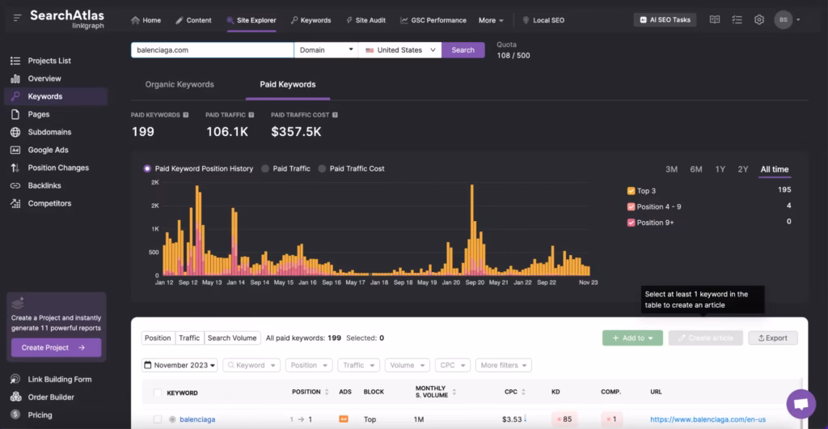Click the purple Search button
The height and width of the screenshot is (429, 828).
point(463,50)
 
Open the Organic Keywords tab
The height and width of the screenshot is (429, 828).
point(180,84)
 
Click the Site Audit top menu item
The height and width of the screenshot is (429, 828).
point(365,20)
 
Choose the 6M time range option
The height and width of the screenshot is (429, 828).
point(695,169)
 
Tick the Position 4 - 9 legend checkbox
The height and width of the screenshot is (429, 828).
point(632,206)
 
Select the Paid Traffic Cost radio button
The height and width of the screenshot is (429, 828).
point(323,168)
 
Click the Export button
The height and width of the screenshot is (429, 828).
point(772,338)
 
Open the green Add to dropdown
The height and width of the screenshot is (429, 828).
point(632,338)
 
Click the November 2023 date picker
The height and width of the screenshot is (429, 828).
point(180,365)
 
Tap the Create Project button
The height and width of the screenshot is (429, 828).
point(56,348)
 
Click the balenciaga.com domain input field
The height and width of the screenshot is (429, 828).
point(212,50)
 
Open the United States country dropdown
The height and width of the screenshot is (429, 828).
point(399,50)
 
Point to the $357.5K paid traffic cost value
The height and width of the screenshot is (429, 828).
point(296,132)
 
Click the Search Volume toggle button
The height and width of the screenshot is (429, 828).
point(231,338)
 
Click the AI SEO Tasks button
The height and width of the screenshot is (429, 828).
point(665,20)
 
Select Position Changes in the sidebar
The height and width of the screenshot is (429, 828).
point(57,168)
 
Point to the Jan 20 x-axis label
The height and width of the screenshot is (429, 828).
point(450,282)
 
